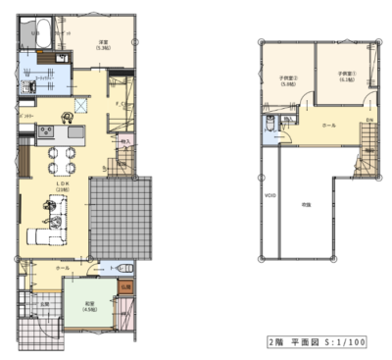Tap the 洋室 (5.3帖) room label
(101, 45)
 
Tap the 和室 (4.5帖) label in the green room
(89, 306)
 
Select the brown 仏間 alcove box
(125, 285)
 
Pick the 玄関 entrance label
(43, 302)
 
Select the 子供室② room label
(288, 81)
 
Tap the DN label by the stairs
(369, 120)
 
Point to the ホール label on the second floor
(328, 126)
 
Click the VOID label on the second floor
(269, 195)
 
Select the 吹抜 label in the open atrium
(306, 203)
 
